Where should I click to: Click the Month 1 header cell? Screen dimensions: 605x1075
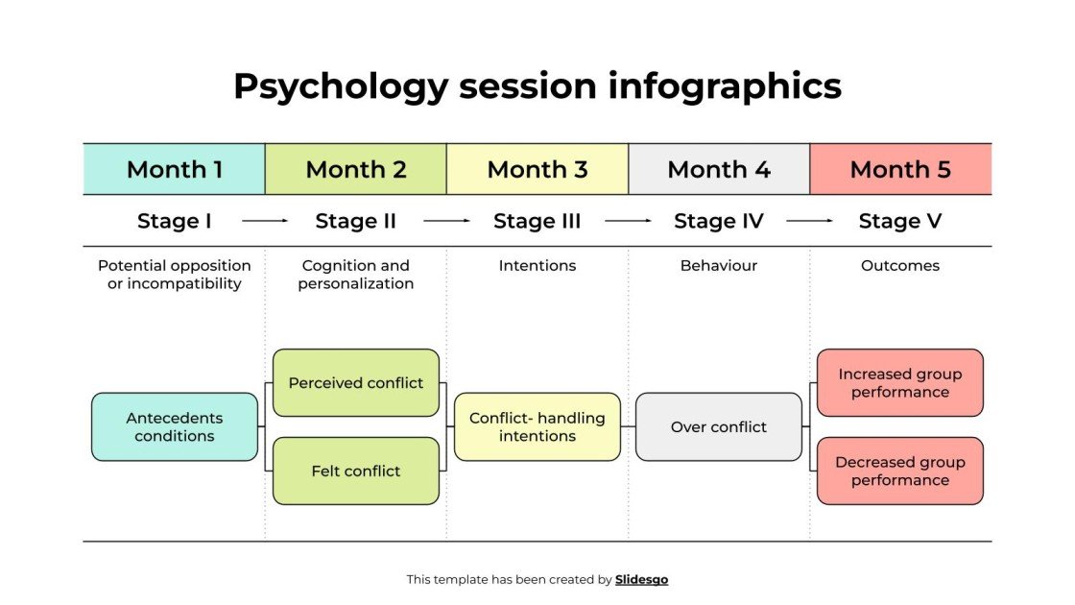[174, 170]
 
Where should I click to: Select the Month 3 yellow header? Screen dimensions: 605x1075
[537, 170]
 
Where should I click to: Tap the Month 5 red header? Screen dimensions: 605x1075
[900, 170]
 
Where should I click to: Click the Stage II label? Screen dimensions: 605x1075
[355, 221]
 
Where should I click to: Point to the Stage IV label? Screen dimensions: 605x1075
[718, 221]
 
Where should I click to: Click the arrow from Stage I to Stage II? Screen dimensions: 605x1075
[265, 221]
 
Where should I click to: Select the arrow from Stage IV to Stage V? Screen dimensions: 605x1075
[809, 221]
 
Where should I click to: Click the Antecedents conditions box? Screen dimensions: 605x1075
[174, 426]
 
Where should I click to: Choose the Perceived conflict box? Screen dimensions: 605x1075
[355, 382]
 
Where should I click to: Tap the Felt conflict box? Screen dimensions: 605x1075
[355, 471]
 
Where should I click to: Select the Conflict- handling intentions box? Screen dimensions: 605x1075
[537, 426]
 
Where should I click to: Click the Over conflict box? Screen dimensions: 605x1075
[718, 426]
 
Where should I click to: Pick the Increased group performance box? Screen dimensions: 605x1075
[899, 382]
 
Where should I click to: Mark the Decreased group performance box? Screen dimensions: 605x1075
[899, 471]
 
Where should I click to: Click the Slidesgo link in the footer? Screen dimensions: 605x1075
[641, 579]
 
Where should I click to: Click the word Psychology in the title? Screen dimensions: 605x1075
[340, 86]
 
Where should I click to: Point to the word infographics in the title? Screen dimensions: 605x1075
[725, 86]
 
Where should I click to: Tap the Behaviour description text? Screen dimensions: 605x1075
[718, 265]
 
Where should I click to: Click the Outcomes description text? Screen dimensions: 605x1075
[899, 265]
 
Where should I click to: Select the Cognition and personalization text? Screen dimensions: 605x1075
[355, 275]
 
